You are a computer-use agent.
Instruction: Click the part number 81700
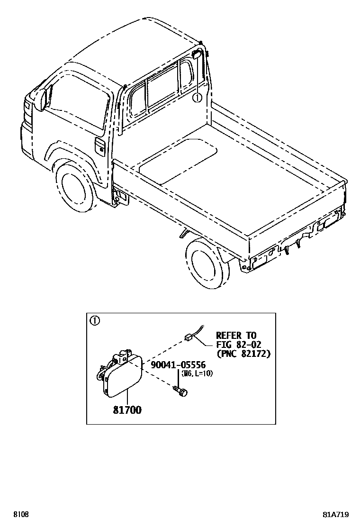pos(127,410)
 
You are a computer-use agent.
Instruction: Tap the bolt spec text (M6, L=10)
pos(195,373)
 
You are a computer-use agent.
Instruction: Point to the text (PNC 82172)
pos(243,354)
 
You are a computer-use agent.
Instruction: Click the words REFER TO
pos(236,336)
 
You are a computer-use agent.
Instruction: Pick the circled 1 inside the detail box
pos(95,321)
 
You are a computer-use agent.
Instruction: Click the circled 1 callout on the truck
pos(197,98)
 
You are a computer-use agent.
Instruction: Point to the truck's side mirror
pos(45,99)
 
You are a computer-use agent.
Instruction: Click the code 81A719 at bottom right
pos(336,515)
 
